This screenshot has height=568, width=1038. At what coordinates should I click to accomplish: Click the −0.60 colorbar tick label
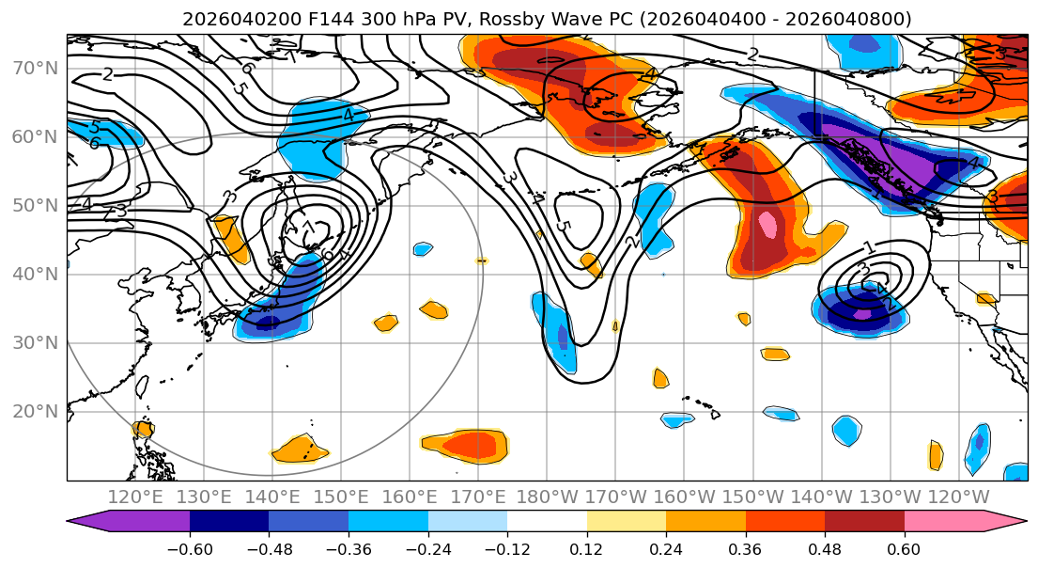click(x=190, y=548)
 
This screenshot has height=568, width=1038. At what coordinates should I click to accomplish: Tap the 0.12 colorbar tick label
click(x=586, y=548)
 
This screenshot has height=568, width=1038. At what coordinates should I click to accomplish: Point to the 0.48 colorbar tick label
click(x=825, y=548)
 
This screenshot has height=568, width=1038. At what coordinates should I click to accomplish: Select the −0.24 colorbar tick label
click(x=427, y=548)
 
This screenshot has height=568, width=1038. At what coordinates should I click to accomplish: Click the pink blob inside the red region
click(x=768, y=225)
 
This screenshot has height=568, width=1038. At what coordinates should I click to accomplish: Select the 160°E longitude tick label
click(x=411, y=497)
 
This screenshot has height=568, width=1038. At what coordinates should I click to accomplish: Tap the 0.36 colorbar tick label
click(x=745, y=548)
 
